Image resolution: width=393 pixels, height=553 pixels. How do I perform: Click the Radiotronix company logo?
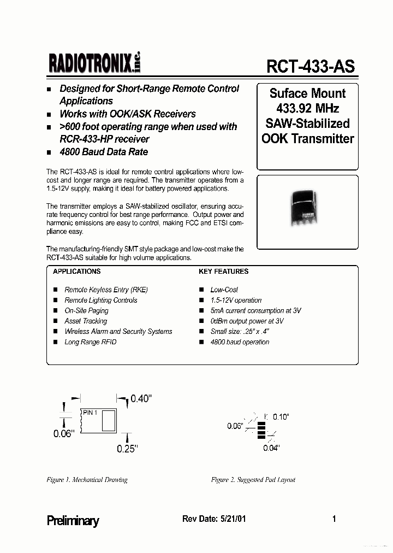[x=94, y=64]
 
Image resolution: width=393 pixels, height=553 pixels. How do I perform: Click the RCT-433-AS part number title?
[x=310, y=66]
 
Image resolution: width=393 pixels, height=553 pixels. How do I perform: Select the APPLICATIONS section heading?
[x=77, y=271]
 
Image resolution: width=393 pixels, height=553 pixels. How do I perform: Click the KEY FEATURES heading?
[x=223, y=271]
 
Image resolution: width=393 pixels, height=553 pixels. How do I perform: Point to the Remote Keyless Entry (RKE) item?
[x=106, y=290]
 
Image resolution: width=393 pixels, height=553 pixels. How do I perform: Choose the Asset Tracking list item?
[x=86, y=321]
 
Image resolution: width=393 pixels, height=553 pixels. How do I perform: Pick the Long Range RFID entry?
[x=90, y=342]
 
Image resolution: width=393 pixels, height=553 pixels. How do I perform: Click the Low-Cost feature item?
[x=224, y=290]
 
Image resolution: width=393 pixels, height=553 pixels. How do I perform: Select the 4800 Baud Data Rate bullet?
[x=103, y=151]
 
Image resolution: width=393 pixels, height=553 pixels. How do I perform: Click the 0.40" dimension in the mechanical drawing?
[x=140, y=399]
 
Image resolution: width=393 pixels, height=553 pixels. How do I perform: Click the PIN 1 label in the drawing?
[x=90, y=413]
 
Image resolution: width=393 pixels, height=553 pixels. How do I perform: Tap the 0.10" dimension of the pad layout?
[x=280, y=416]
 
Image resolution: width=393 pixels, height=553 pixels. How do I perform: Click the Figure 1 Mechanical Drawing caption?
[x=87, y=480]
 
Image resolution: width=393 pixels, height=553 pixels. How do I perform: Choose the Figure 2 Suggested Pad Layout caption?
[x=253, y=480]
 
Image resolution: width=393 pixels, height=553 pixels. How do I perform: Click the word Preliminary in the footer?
[x=73, y=521]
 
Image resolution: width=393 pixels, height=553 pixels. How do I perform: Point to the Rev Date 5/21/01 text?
[x=213, y=519]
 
